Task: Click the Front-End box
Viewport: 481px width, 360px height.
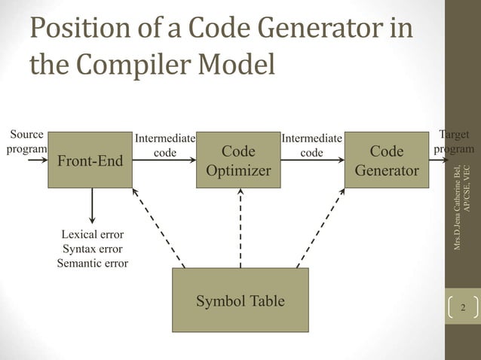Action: click(90, 158)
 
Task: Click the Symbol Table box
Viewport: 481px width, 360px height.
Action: click(240, 301)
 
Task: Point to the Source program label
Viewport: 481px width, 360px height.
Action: click(26, 142)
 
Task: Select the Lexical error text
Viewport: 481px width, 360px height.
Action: click(92, 234)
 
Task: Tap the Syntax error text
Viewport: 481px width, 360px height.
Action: click(92, 249)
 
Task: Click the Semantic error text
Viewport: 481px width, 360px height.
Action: click(92, 263)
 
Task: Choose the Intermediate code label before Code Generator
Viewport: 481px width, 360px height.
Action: click(312, 145)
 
